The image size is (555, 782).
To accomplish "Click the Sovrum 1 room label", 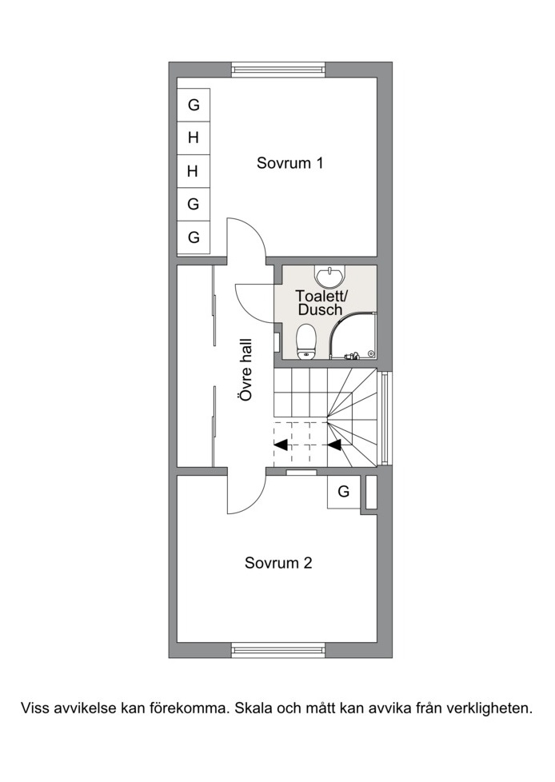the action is pos(289,163).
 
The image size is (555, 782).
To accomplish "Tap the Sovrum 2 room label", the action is pos(278,563).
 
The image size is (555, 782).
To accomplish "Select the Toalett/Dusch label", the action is pos(321,302).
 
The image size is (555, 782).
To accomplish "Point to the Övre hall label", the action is pos(246,369).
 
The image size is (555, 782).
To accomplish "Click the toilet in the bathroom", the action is pos(305,341).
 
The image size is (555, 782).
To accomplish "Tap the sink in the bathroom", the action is pos(329,275).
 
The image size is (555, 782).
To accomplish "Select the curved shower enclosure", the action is pos(353,336).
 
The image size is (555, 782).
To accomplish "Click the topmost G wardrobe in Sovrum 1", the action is pos(194,105).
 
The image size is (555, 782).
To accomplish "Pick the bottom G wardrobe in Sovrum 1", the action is pos(194,237).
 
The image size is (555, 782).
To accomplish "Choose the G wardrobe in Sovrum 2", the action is pos(344,492).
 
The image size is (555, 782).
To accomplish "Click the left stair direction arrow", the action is pos(281,445).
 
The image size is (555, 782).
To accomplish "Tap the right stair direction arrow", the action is pos(334,445).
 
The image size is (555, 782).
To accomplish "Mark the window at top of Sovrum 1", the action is pos(278,70).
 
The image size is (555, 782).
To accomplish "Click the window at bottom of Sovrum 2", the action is pos(278,650).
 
